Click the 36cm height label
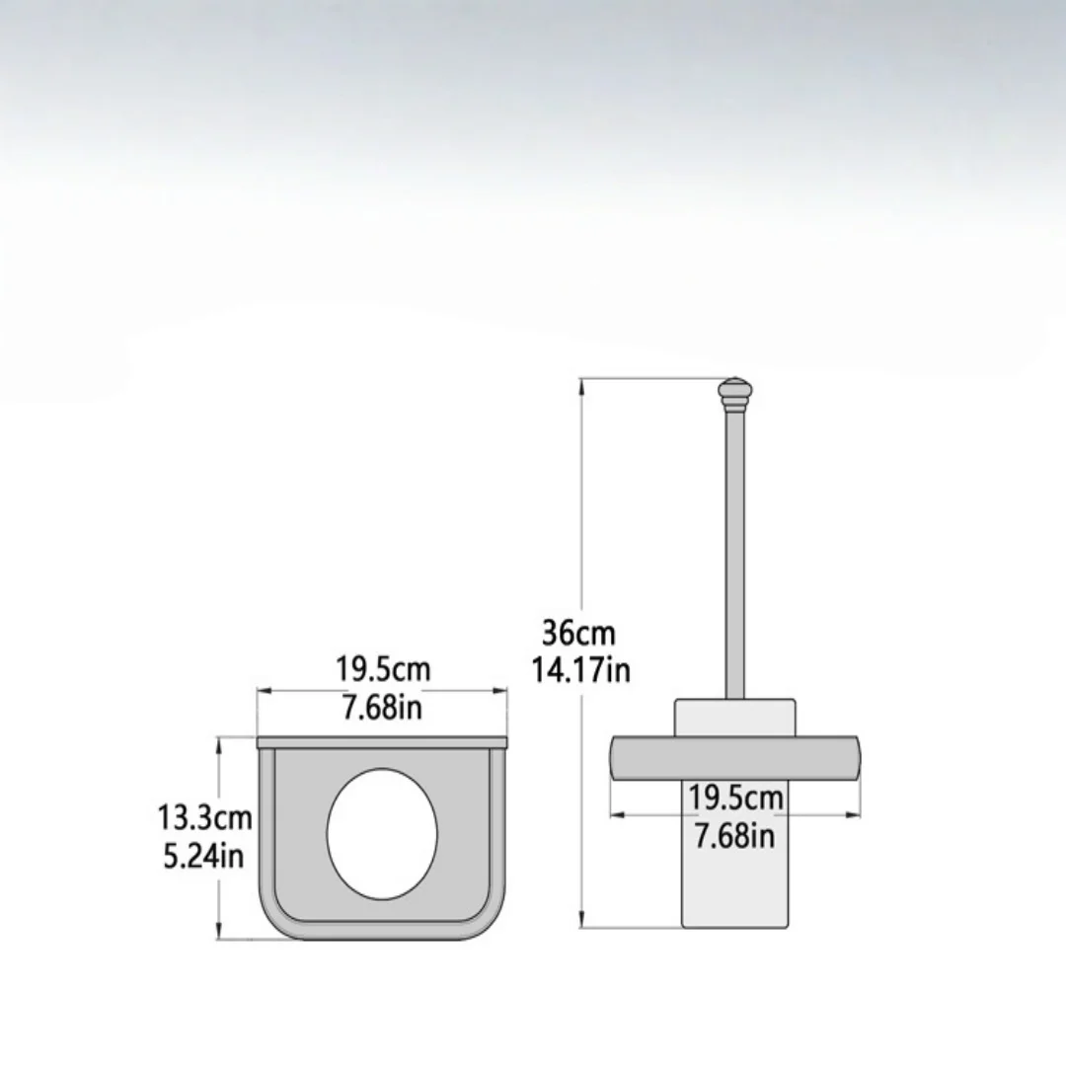(x=578, y=634)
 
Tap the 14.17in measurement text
(x=580, y=669)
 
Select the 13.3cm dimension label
(x=204, y=817)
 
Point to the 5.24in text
(x=203, y=855)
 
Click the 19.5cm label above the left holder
(x=383, y=669)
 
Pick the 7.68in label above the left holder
(x=381, y=707)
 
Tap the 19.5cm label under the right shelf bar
(x=735, y=798)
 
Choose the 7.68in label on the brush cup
(x=734, y=835)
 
